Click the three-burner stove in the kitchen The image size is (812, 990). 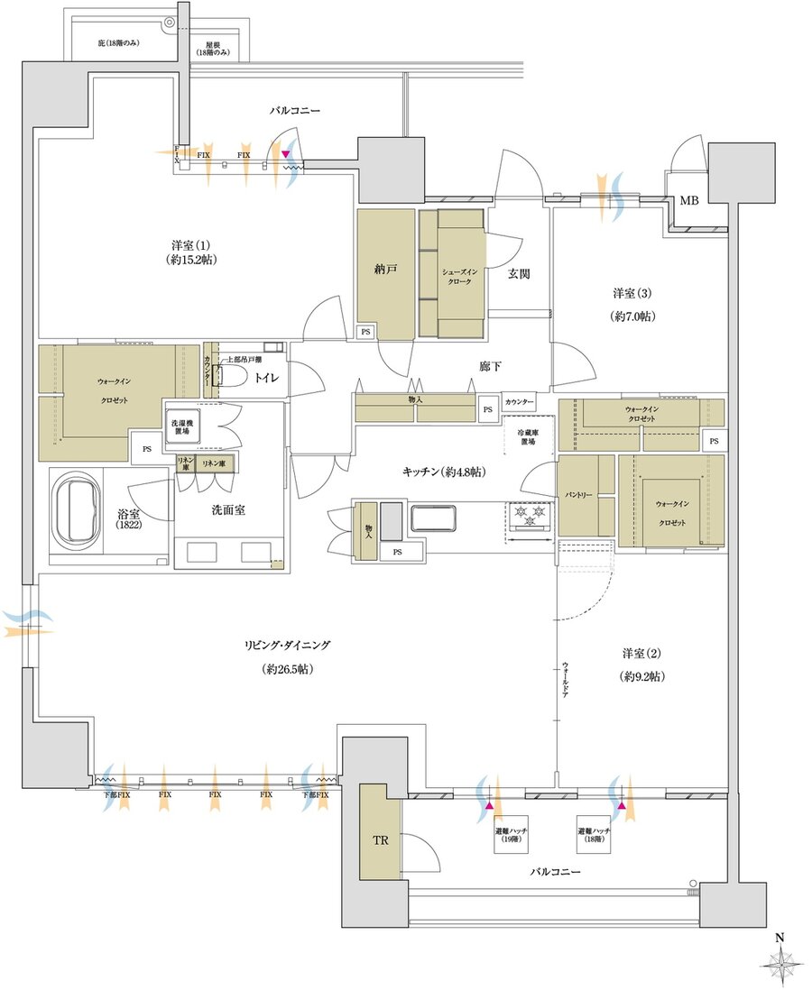pyautogui.click(x=529, y=516)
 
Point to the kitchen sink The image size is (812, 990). pyautogui.click(x=437, y=519)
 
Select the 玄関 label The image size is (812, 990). pyautogui.click(x=517, y=273)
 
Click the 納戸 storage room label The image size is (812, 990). pyautogui.click(x=386, y=269)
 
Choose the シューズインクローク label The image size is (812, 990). pyautogui.click(x=461, y=275)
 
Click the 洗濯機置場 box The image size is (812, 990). pyautogui.click(x=182, y=428)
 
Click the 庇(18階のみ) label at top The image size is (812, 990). pyautogui.click(x=120, y=42)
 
